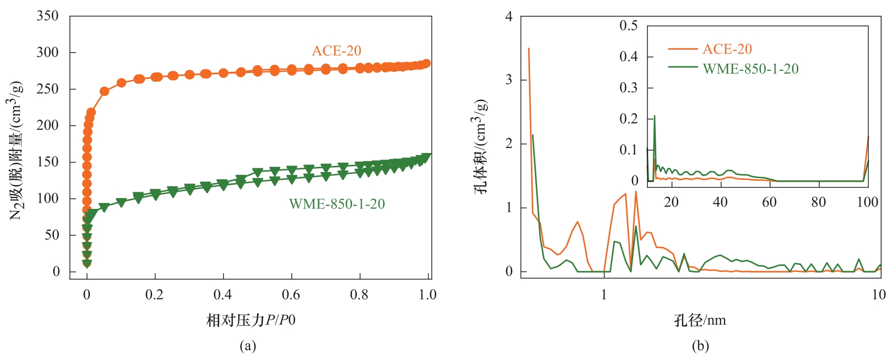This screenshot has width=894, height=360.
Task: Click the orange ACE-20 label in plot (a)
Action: click(336, 51)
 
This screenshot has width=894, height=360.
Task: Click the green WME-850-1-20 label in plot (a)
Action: click(337, 204)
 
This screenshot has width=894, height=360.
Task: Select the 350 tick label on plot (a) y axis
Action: click(47, 16)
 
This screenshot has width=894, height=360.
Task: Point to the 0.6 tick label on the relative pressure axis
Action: click(291, 295)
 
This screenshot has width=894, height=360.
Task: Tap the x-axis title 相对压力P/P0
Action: click(251, 320)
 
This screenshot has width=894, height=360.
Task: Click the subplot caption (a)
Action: click(248, 346)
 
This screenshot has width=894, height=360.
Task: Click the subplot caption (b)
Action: click(700, 346)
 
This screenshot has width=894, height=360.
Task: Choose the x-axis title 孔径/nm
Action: click(700, 320)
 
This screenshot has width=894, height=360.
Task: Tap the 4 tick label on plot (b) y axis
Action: click(509, 16)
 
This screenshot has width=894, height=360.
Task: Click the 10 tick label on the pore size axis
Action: click(879, 295)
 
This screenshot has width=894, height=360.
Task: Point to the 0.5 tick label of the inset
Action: click(629, 25)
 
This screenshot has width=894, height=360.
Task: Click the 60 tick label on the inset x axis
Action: click(769, 202)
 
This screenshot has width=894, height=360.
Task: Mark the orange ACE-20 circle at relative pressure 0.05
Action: click(104, 91)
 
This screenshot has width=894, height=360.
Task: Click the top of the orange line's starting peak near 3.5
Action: click(529, 48)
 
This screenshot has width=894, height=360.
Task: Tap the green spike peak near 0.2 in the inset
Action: click(654, 116)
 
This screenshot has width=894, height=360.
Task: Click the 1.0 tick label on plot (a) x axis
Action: click(428, 295)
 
